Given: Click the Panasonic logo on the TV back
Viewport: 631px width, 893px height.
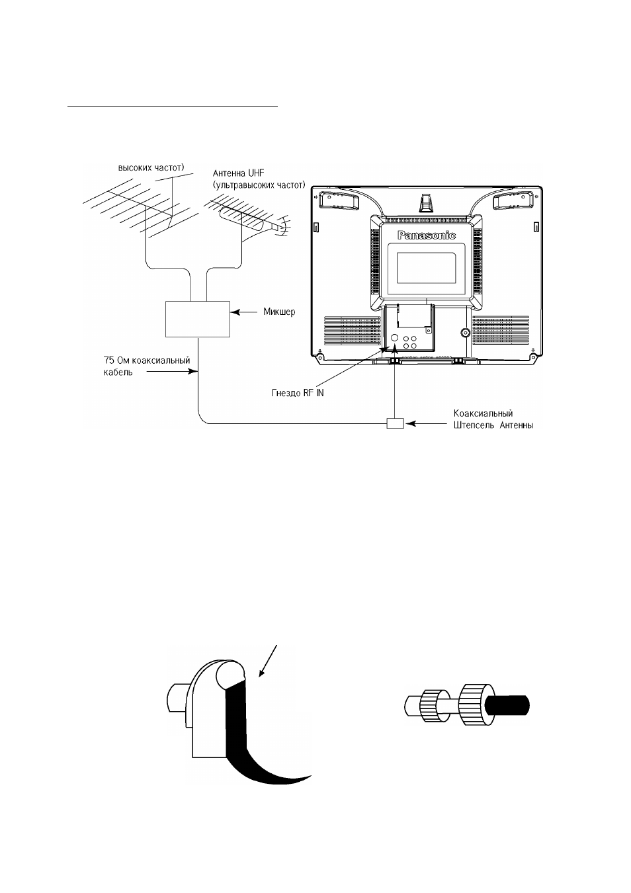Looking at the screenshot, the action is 427,235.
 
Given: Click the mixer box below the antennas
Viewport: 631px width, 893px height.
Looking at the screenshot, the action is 198,319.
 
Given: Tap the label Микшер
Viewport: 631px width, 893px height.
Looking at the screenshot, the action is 279,312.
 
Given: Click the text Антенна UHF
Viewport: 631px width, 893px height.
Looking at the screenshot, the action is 238,173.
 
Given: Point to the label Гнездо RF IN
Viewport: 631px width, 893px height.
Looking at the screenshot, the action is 298,393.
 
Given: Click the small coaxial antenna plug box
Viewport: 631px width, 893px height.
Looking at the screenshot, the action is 395,423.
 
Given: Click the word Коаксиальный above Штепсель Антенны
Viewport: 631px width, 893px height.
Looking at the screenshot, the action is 483,413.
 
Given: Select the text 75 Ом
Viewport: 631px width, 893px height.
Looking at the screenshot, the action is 116,361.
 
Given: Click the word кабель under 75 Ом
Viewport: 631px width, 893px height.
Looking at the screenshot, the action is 115,372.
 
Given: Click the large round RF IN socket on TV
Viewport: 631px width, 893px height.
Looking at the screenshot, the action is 394,337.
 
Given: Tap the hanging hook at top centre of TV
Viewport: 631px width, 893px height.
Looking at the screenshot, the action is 426,202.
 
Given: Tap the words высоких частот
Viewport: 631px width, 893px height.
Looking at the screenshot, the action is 150,167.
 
